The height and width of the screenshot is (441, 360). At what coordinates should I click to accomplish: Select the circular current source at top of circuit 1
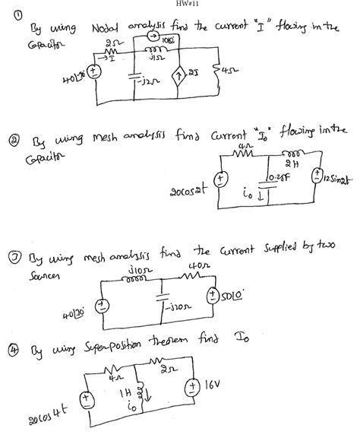154,37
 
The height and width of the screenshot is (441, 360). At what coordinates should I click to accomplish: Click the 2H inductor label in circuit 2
287,171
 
